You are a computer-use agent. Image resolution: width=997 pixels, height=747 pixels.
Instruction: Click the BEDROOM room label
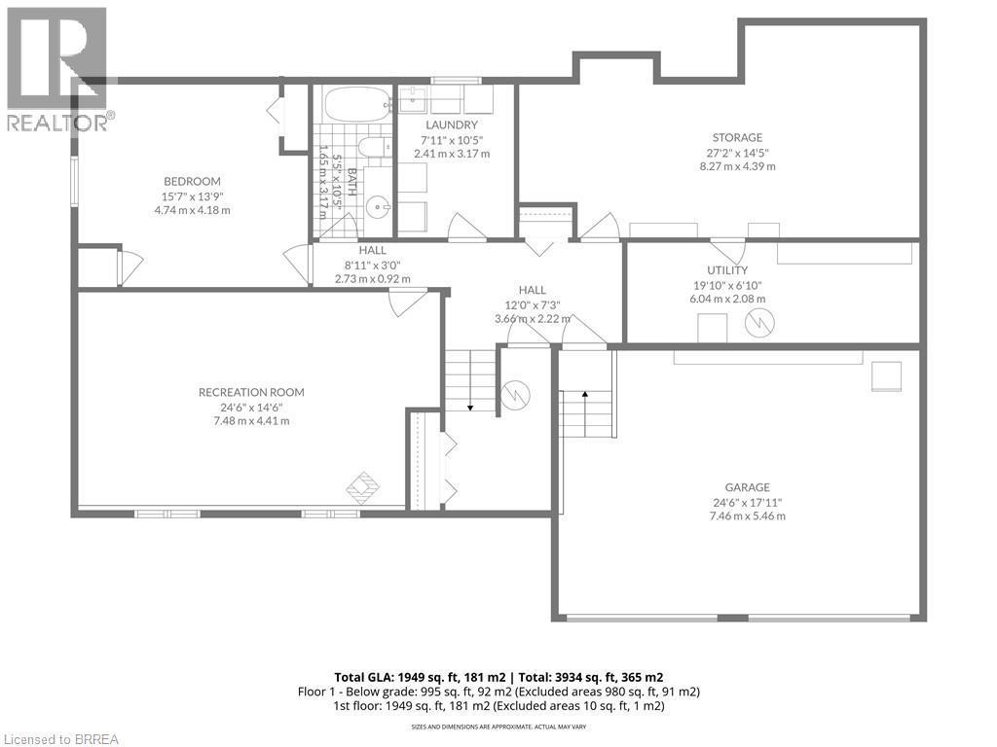192,181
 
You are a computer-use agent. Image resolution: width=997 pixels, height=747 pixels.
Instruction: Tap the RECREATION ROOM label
251,392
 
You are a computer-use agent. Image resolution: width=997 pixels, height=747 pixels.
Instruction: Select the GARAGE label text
747,487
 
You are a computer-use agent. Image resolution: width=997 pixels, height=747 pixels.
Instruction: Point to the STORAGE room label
737,137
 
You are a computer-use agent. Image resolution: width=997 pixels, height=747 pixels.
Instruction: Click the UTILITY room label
727,270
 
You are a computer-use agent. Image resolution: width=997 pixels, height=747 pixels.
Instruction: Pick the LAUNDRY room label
452,124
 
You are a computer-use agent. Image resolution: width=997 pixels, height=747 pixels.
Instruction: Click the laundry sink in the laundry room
412,97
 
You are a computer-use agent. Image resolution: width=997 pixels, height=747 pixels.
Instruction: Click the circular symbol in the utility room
758,322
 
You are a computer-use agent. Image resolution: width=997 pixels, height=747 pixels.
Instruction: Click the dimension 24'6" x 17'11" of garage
747,502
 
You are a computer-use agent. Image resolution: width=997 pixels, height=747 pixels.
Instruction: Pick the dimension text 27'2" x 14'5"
737,152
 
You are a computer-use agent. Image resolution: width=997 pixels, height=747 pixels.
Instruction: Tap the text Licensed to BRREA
60,738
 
